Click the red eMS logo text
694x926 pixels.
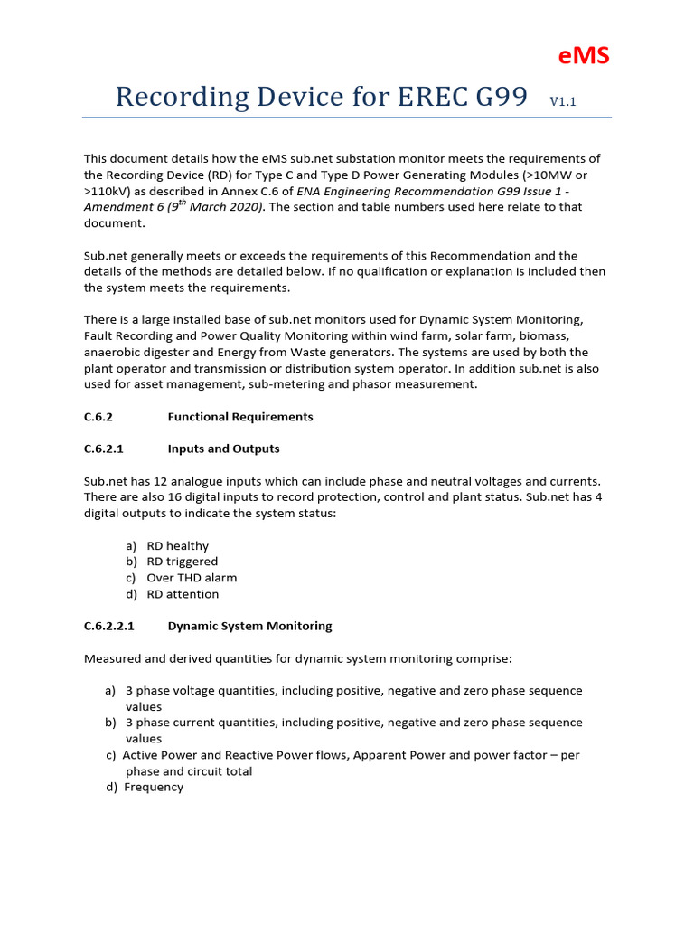[x=583, y=56]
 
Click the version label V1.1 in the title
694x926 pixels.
[x=562, y=102]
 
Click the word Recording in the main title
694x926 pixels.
[x=183, y=98]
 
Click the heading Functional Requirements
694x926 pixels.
[x=240, y=417]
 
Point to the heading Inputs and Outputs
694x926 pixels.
[x=223, y=449]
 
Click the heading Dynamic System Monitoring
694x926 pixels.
[x=249, y=626]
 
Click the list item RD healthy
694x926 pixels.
[x=177, y=546]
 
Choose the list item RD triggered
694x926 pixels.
[x=182, y=562]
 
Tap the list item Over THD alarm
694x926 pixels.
[x=192, y=578]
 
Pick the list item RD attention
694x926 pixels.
[x=183, y=594]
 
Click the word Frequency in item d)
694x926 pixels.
[x=154, y=787]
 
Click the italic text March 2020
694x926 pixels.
[x=223, y=207]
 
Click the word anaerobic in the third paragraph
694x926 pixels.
[x=113, y=353]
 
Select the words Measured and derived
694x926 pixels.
[x=142, y=658]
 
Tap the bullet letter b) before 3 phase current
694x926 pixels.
[x=110, y=723]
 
